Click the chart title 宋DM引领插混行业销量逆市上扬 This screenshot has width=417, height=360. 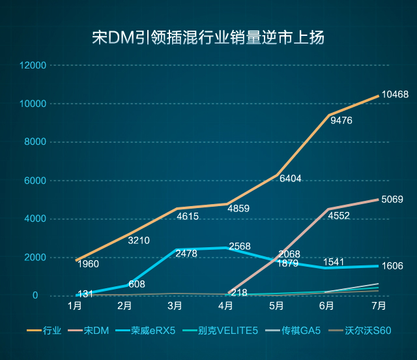click(208, 37)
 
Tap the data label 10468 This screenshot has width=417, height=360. click(395, 95)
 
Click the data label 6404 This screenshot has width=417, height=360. click(290, 179)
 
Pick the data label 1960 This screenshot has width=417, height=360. click(88, 264)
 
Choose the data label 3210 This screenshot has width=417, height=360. click(139, 241)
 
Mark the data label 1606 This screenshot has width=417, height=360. click(392, 266)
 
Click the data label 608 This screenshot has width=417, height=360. click(137, 284)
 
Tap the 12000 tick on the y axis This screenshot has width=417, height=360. click(33, 65)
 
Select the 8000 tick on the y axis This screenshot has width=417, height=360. click(36, 142)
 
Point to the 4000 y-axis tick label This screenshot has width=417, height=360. click(36, 219)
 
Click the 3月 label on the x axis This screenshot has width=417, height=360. click(175, 305)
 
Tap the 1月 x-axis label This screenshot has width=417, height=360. click(74, 305)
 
